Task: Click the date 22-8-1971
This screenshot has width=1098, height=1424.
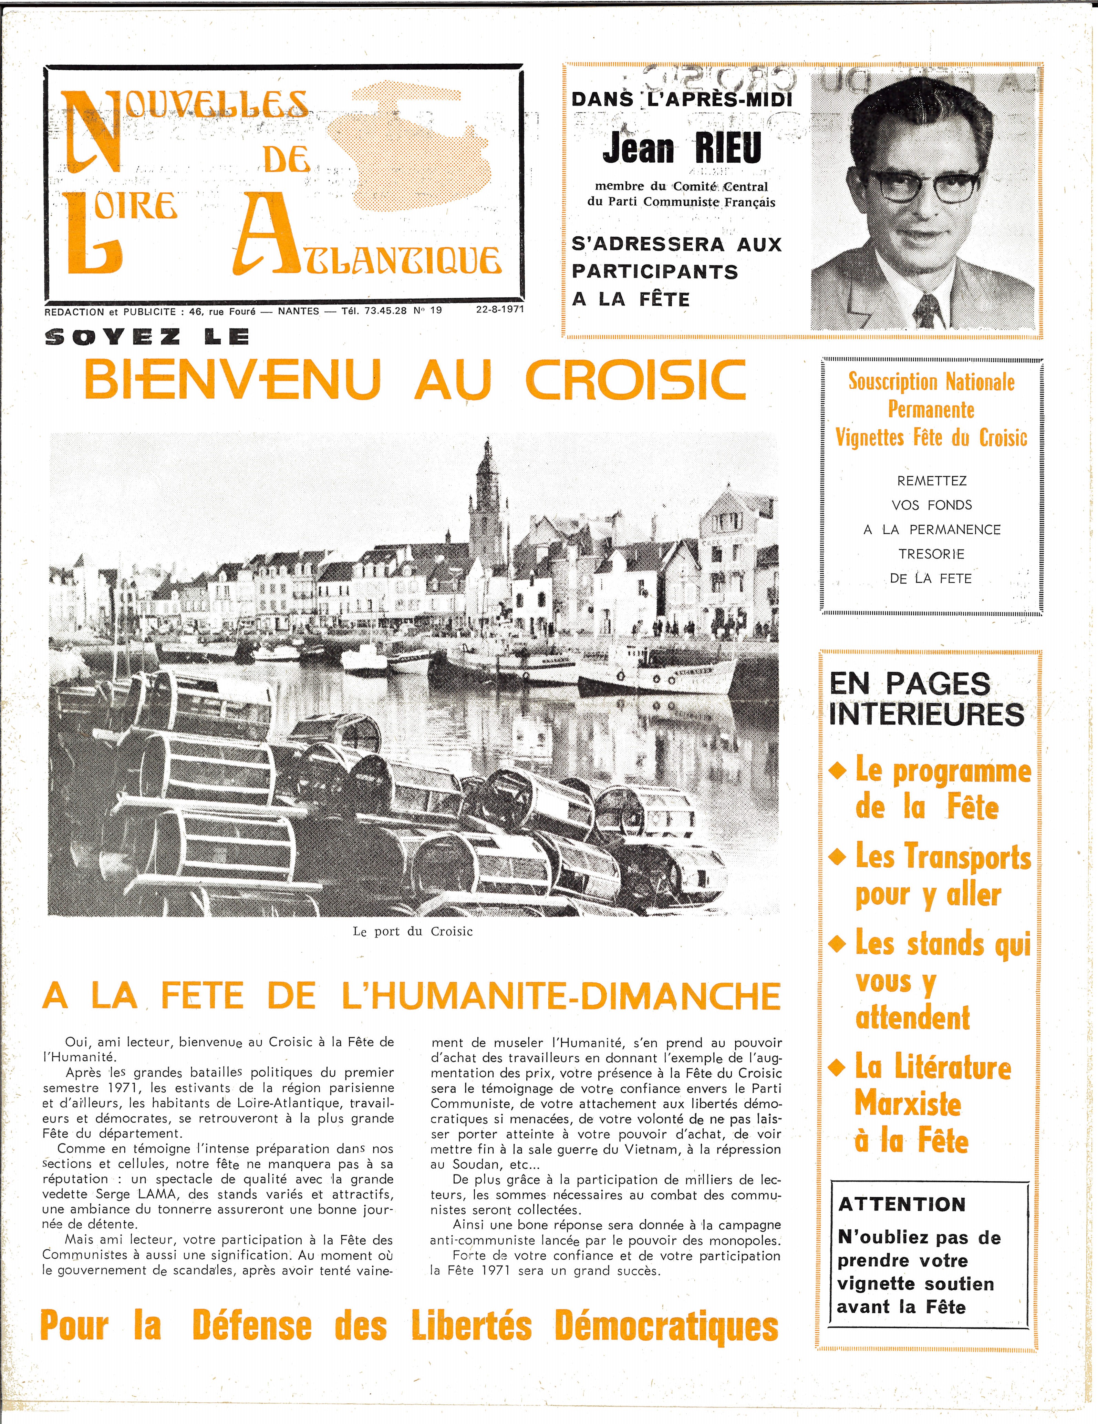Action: click(x=500, y=310)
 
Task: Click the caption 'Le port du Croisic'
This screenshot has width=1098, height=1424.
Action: click(x=413, y=931)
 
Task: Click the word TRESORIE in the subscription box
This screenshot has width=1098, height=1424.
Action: click(x=931, y=554)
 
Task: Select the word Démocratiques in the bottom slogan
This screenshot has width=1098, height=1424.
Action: click(x=667, y=1327)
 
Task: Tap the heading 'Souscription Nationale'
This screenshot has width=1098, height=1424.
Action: click(x=931, y=381)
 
